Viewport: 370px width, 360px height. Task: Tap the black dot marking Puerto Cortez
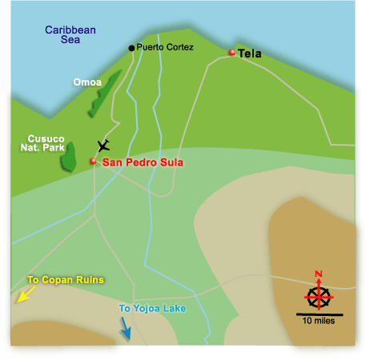[x=132, y=48]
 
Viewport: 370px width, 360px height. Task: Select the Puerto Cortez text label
[x=165, y=48]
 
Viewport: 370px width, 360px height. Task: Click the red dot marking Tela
[x=232, y=53]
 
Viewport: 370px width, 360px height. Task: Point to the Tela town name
[x=250, y=54]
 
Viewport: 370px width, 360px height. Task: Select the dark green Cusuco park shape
[x=69, y=156]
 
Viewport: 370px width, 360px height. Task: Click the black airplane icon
[x=103, y=146]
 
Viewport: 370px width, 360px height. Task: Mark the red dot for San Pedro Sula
[x=93, y=162]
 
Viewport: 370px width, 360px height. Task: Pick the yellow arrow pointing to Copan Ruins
[x=23, y=295]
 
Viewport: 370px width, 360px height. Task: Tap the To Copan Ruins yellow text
[x=61, y=281]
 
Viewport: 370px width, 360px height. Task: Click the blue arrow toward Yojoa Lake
[x=126, y=328]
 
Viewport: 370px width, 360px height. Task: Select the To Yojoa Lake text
[x=147, y=308]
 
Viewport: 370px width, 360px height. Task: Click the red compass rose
[x=318, y=297]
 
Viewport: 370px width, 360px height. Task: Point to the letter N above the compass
[x=318, y=274]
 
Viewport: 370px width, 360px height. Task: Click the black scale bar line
[x=318, y=314]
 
